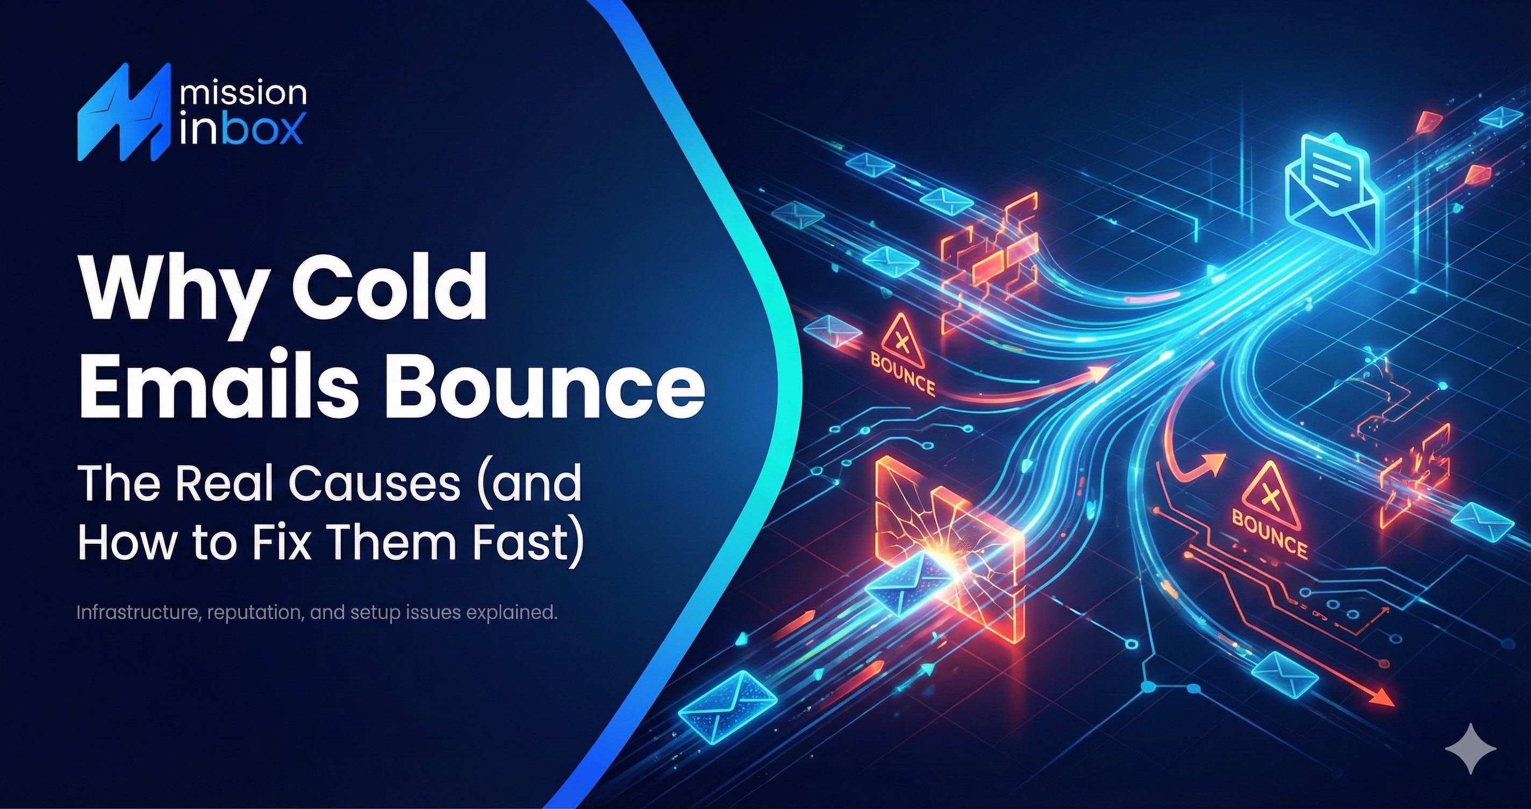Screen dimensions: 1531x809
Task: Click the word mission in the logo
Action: pos(242,94)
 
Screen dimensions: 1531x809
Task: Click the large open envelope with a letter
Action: pos(1334,193)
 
